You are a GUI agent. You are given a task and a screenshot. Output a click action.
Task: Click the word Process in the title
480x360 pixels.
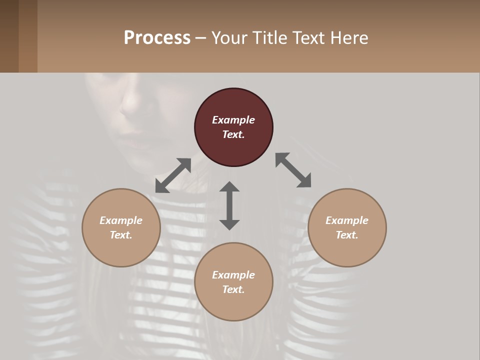(157, 37)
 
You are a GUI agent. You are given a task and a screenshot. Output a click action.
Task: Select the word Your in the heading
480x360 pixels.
(229, 37)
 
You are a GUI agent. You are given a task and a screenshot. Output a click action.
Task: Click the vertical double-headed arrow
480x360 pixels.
(229, 205)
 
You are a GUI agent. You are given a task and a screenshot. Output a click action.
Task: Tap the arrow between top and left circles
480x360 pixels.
(173, 175)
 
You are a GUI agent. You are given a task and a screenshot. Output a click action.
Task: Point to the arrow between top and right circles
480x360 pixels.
(293, 170)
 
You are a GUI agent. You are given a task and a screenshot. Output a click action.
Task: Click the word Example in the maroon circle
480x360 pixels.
(233, 120)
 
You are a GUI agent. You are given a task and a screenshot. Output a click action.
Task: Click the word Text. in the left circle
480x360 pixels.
(121, 235)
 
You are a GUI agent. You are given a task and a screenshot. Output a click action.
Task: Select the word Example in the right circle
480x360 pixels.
(347, 220)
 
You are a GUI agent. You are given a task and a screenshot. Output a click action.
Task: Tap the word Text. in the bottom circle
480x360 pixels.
(233, 289)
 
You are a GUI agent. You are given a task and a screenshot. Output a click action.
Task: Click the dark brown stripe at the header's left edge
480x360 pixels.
(9, 36)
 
